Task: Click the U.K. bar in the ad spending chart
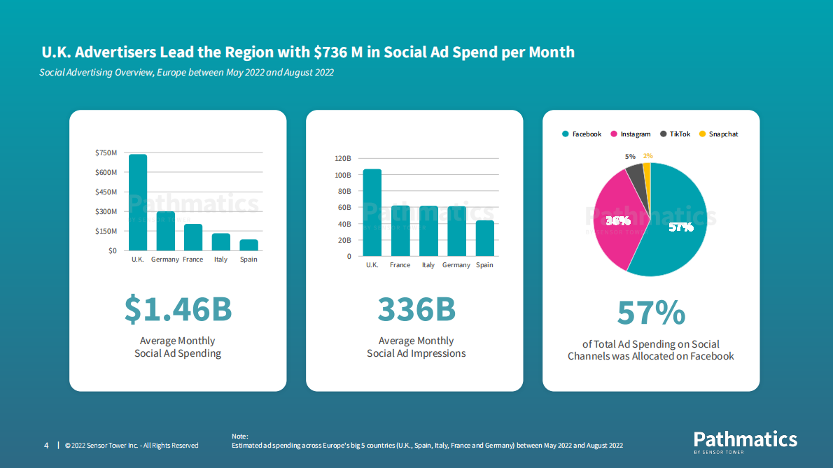138,203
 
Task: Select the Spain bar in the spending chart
248,245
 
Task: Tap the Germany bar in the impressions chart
456,231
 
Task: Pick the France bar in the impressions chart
400,231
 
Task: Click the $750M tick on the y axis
106,153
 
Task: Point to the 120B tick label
343,158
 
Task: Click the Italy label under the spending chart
221,260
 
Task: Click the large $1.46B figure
178,309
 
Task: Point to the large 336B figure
416,309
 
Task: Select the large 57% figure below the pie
651,313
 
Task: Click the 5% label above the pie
630,157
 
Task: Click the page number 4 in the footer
46,446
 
